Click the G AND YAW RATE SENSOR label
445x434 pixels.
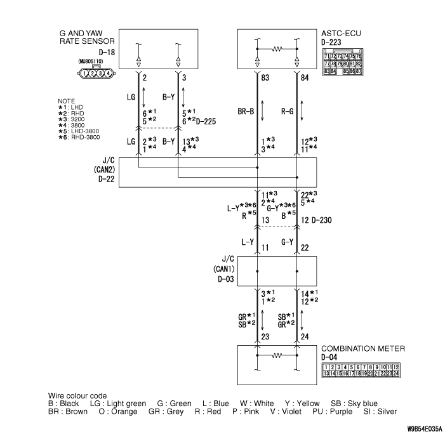(x=87, y=37)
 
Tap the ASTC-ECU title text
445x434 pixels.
(x=341, y=34)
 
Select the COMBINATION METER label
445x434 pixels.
(x=363, y=348)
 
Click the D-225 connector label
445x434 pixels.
(x=206, y=121)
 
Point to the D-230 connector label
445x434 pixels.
(x=322, y=220)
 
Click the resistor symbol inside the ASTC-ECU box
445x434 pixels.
(x=277, y=49)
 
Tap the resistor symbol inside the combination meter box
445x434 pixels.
(x=277, y=355)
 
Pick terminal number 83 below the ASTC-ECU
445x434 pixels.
(x=265, y=77)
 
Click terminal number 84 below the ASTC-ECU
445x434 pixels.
(x=305, y=77)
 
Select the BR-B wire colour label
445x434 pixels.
(x=246, y=112)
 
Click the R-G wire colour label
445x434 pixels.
(x=287, y=112)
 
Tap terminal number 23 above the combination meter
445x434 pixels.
(x=265, y=337)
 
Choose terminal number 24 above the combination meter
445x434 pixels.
(x=305, y=337)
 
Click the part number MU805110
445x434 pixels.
(x=91, y=62)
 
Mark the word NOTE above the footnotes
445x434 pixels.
(x=67, y=102)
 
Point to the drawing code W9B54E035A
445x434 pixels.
(x=425, y=428)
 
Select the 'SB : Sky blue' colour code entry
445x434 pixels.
(x=354, y=404)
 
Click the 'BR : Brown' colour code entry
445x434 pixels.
(x=68, y=411)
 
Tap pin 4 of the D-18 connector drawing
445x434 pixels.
(x=108, y=74)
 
